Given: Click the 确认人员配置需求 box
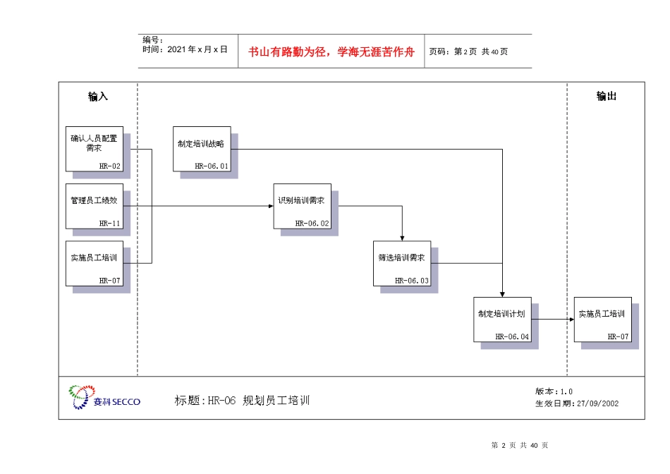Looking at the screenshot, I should pyautogui.click(x=95, y=148).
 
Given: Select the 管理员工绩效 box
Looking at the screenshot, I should pyautogui.click(x=95, y=206).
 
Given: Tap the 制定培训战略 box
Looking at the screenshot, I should pyautogui.click(x=201, y=148).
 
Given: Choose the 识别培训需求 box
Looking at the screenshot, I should pyautogui.click(x=302, y=206).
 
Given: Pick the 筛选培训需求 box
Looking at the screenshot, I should pyautogui.click(x=401, y=263).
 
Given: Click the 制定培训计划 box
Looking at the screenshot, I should pyautogui.click(x=501, y=319).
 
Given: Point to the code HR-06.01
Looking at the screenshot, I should pyautogui.click(x=212, y=166).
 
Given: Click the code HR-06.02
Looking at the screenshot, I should pyautogui.click(x=312, y=224).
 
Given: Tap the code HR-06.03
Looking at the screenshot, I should pyautogui.click(x=412, y=281).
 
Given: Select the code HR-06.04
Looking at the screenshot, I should pyautogui.click(x=512, y=337).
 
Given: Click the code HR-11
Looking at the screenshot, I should pyautogui.click(x=110, y=224).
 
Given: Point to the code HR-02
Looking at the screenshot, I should pyautogui.click(x=110, y=166).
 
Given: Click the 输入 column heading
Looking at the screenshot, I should pyautogui.click(x=98, y=97).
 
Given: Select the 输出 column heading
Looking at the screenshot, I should pyautogui.click(x=607, y=97).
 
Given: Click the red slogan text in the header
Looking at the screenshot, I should pyautogui.click(x=331, y=51).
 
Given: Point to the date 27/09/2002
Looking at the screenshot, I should pyautogui.click(x=597, y=403).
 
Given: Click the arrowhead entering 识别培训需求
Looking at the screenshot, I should pyautogui.click(x=270, y=206).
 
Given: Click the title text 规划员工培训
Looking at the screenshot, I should pyautogui.click(x=276, y=401).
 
